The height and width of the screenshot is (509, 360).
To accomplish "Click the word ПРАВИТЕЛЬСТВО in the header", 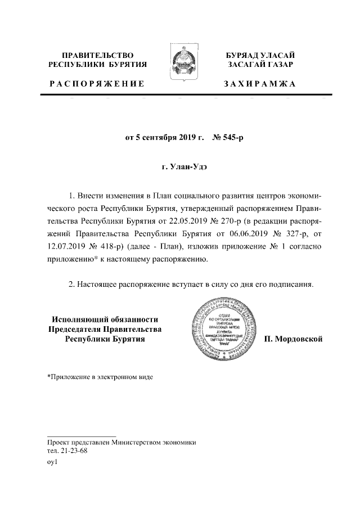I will (x=97, y=55).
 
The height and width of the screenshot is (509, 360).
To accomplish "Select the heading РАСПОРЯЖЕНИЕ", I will (x=97, y=84).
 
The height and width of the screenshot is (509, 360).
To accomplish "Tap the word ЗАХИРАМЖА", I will (x=259, y=84).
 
